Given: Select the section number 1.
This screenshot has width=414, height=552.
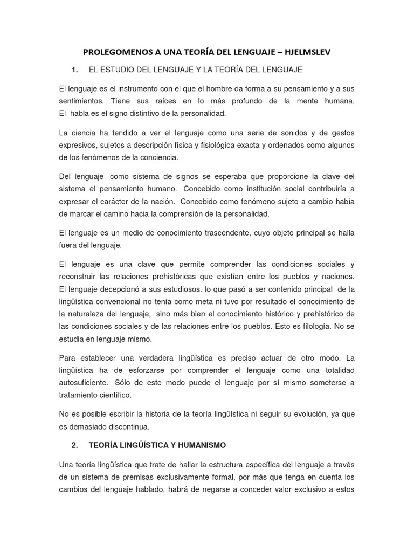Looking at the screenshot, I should point(75,70).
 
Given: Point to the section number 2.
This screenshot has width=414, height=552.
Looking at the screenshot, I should point(75,445).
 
